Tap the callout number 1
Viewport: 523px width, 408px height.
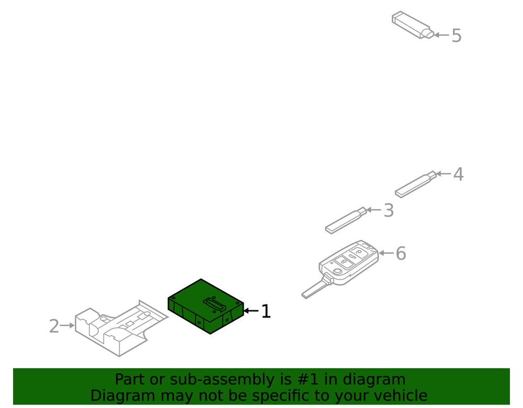point(266,311)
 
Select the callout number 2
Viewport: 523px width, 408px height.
point(54,326)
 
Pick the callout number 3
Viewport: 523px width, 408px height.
point(389,211)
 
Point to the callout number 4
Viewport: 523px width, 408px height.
point(458,174)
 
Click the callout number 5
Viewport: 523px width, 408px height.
point(457,36)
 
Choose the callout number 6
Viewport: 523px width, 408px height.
point(401,253)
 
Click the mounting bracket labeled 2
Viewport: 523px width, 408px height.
point(121,328)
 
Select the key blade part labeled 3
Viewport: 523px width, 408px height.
point(346,220)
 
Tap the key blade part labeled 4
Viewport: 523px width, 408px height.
point(416,184)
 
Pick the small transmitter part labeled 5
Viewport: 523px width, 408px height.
point(413,25)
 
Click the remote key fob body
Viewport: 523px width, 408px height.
point(348,262)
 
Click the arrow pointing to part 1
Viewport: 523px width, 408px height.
point(251,311)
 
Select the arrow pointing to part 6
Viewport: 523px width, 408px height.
point(387,253)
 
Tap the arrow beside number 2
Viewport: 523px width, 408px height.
point(67,325)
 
